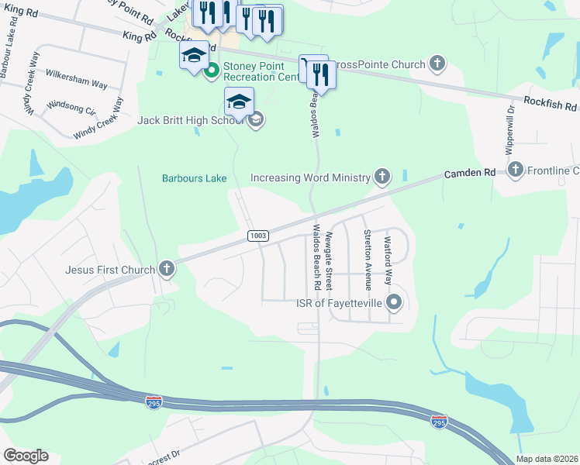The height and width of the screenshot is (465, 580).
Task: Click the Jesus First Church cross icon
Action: [165, 270]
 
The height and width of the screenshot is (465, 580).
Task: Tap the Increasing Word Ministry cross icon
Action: [381, 177]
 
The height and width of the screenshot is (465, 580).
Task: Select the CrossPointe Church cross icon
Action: [437, 64]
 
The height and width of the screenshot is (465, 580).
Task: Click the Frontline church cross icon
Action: [516, 170]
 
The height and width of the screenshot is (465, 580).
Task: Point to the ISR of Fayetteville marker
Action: [394, 302]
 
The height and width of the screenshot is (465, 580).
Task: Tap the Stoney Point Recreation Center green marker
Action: [211, 74]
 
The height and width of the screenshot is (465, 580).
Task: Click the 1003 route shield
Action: [258, 235]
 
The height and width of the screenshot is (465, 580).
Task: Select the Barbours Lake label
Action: [194, 178]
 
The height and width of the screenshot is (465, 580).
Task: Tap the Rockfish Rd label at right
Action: [550, 105]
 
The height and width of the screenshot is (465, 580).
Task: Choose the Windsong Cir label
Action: [71, 105]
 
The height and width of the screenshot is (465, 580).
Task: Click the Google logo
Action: [26, 456]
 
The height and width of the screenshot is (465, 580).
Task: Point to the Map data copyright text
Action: [547, 459]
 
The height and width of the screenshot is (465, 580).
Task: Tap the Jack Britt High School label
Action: [191, 120]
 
